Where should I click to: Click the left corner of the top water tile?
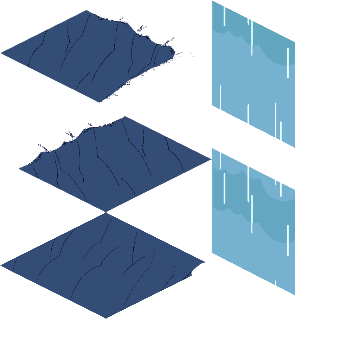pos(1,53)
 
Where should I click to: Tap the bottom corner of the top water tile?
pos(100,103)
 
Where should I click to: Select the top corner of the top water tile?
pos(87,10)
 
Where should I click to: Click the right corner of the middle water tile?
pos(211,159)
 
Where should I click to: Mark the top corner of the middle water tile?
pos(125,116)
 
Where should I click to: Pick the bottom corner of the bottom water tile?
pos(106,318)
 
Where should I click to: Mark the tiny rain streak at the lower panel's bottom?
pos(276,282)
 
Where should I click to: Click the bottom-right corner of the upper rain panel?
pos(294,147)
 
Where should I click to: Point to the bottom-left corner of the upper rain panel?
pos(212,105)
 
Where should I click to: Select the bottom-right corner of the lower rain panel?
pos(294,295)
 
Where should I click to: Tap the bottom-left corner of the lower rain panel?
pos(212,252)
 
